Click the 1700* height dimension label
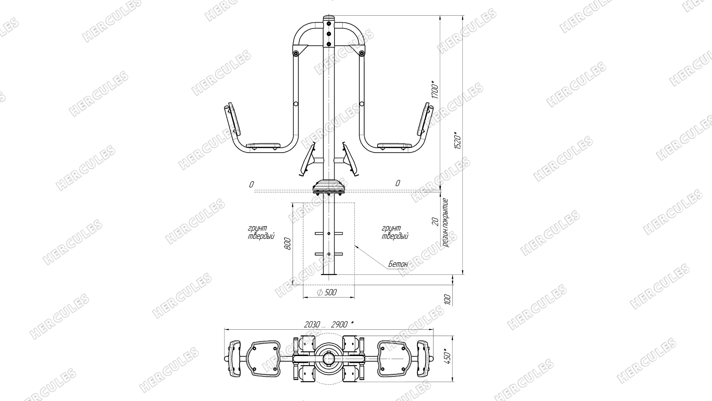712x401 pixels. [x=435, y=89]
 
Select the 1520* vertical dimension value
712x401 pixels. [x=458, y=140]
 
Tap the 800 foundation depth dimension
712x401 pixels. [x=289, y=243]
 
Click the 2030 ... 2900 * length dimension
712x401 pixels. [x=329, y=325]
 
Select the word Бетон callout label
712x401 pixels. [x=398, y=264]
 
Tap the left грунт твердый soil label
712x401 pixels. [x=261, y=232]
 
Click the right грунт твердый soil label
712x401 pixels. [x=395, y=232]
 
